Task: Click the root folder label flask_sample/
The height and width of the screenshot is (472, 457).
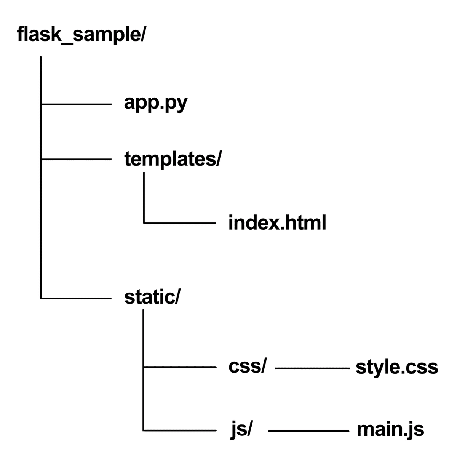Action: [x=81, y=35]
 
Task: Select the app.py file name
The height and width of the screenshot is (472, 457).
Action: [x=156, y=103]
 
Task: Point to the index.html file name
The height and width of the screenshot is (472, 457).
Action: [x=277, y=223]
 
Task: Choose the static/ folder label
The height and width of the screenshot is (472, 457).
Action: [x=152, y=297]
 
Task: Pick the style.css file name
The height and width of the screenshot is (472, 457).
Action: [x=396, y=367]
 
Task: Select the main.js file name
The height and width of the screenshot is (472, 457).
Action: [x=390, y=430]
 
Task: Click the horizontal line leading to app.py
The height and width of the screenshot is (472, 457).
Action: [x=76, y=104]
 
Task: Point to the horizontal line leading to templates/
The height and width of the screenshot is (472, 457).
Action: [x=76, y=160]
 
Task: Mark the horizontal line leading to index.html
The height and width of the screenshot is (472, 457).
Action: [x=180, y=223]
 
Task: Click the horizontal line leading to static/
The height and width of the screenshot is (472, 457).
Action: [x=76, y=298]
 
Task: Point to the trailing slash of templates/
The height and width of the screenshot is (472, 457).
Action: [x=218, y=159]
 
